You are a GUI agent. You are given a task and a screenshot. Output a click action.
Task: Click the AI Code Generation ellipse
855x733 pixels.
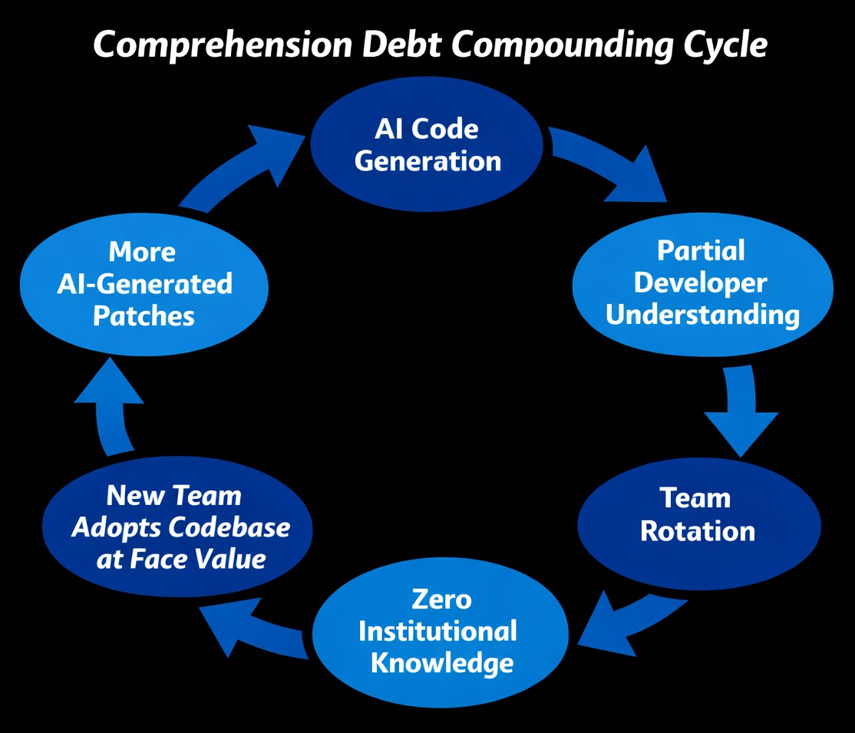[427, 145]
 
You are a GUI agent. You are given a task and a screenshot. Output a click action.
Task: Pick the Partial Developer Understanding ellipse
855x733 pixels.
[701, 283]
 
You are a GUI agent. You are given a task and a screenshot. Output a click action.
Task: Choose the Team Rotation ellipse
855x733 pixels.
[698, 515]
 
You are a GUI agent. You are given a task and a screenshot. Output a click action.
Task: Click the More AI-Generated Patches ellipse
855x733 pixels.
[144, 284]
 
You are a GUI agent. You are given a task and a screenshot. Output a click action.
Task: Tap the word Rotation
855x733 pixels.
[698, 531]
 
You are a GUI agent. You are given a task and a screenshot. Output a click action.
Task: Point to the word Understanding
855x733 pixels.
[702, 315]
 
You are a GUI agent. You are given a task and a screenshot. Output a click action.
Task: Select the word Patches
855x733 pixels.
[144, 316]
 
